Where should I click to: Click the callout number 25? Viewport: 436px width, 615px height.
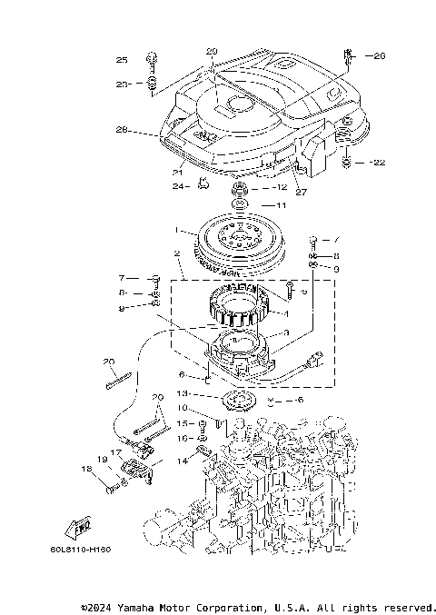[x=122, y=60]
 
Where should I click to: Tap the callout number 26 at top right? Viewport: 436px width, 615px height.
[x=379, y=55]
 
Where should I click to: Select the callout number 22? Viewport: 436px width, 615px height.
[x=379, y=163]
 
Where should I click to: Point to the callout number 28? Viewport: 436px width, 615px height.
[x=123, y=131]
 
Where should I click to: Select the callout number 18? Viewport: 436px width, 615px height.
[x=86, y=469]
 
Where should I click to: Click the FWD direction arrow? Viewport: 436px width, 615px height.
[x=79, y=526]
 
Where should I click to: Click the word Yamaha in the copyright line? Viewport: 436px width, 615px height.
[x=141, y=606]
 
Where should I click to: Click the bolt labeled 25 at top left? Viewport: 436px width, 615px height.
[x=153, y=60]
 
